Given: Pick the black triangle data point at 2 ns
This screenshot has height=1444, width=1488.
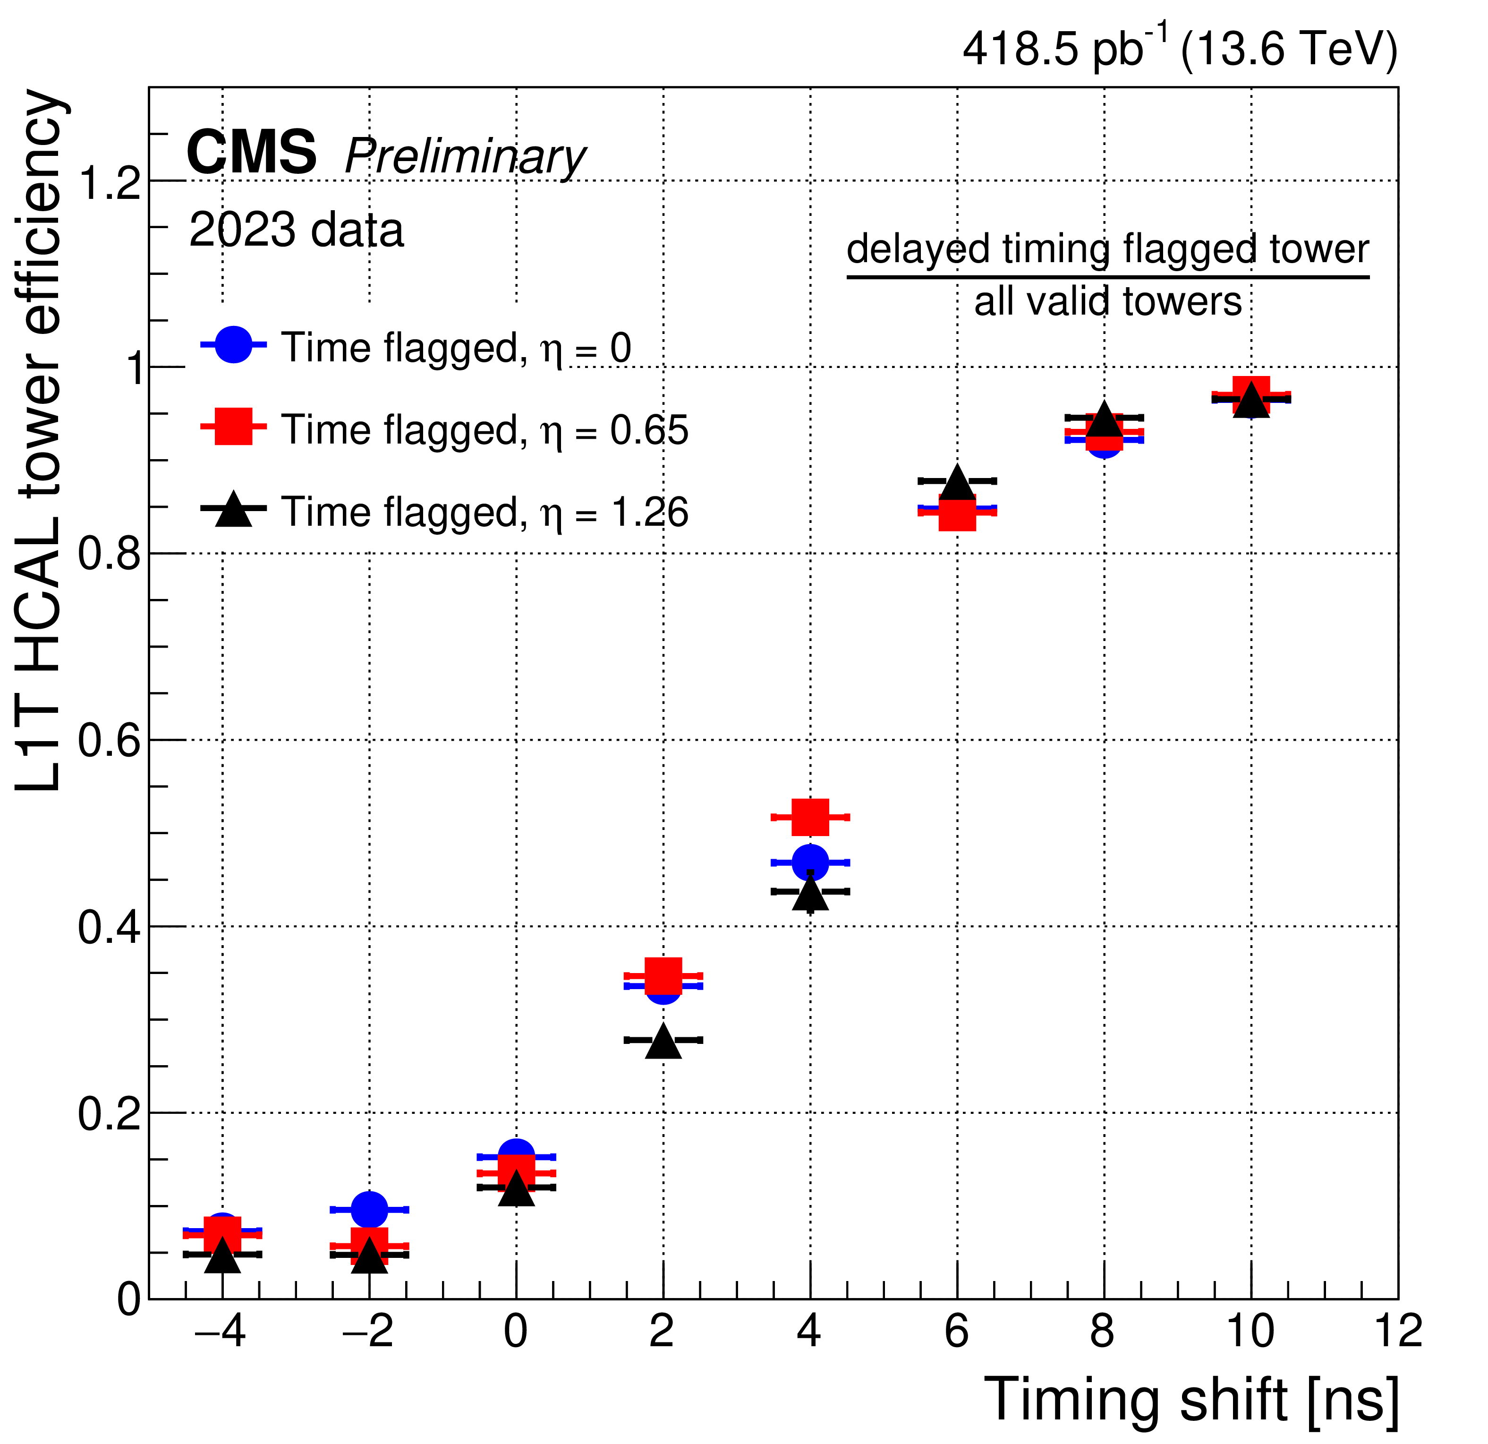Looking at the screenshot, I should (663, 1040).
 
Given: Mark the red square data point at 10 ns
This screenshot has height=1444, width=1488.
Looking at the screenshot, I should (1251, 394).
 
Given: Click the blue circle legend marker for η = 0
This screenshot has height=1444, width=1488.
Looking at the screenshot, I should (234, 345).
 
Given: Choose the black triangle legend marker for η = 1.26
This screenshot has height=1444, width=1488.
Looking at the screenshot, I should (234, 509).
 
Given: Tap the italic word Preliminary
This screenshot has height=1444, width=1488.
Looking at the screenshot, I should (465, 157).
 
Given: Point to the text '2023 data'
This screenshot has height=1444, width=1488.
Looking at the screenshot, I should (296, 230).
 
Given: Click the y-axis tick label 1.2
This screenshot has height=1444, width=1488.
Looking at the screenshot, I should (110, 182).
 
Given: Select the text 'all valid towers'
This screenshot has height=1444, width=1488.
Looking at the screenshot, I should (1108, 301).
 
